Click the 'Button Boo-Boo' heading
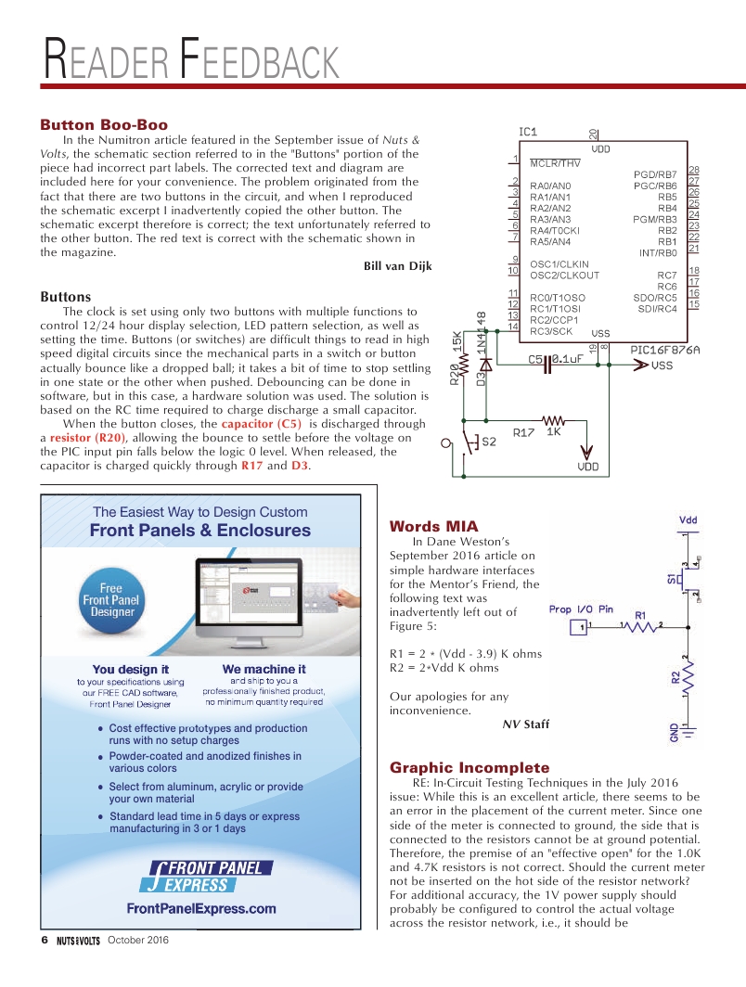coord(103,124)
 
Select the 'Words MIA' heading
coord(433,526)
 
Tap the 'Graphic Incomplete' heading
coord(469,767)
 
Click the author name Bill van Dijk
coord(397,266)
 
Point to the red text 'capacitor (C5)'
coord(261,424)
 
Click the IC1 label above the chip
coord(527,132)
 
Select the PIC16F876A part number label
coord(664,350)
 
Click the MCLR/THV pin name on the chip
coord(556,163)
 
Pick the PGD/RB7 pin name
coord(655,174)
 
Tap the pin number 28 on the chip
coord(693,170)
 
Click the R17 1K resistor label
coord(537,431)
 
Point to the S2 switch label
coord(489,442)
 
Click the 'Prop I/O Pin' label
coord(581,609)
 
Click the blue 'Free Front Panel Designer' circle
coord(111,599)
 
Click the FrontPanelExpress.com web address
coord(201,907)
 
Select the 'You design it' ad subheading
coord(130,668)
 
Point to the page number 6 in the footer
coord(44,940)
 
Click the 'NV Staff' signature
coord(525,724)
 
